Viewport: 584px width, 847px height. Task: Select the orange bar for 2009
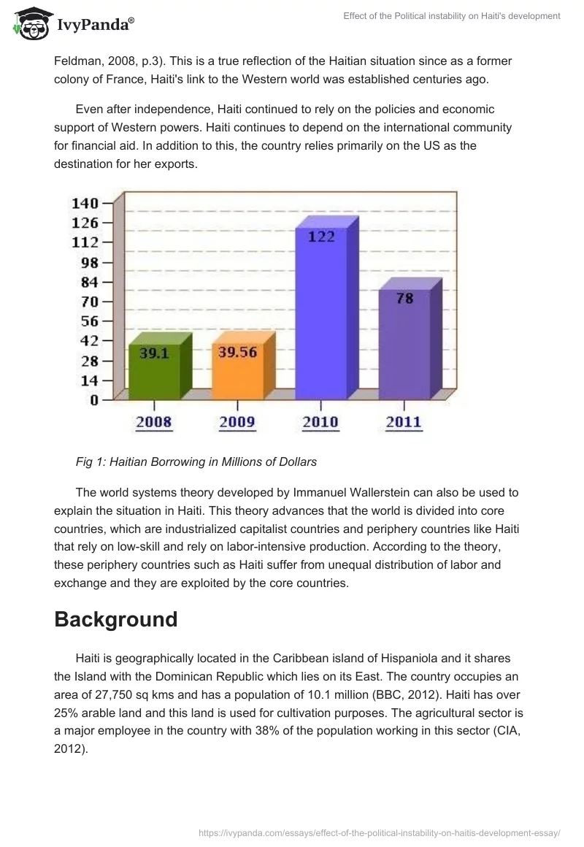237,369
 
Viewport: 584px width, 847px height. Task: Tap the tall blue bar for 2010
321,314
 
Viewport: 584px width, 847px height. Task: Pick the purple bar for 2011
404,343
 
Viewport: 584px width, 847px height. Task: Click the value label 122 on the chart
321,237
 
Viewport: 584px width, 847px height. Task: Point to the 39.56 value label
237,352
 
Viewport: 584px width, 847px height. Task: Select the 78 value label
404,298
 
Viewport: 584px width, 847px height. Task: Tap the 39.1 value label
154,352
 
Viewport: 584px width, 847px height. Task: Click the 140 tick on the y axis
85,203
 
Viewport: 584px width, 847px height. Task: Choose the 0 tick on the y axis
95,399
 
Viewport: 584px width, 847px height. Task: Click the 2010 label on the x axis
321,422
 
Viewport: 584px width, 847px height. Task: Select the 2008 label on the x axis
154,422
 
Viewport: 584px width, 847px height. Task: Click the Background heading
116,619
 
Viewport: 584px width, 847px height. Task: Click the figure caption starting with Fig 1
196,461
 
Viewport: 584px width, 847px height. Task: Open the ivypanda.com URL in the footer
380,832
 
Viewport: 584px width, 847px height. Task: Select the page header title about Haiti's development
451,16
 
